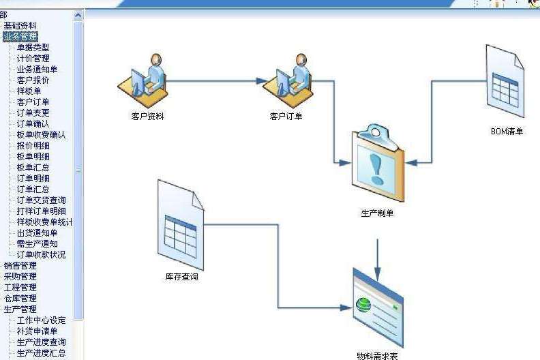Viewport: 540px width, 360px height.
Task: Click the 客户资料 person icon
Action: [142, 81]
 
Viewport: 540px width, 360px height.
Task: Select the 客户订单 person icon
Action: [288, 81]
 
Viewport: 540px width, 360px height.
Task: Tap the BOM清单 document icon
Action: [505, 81]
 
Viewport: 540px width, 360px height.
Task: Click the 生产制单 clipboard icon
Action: [378, 163]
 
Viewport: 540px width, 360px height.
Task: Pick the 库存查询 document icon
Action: [181, 225]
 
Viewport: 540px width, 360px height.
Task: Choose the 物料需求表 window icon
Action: [378, 308]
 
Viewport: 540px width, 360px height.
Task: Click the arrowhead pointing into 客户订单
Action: [262, 81]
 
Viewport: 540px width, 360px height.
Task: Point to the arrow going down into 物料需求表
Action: [378, 260]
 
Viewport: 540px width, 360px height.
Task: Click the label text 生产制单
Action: [377, 213]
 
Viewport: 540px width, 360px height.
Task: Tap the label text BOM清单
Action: [507, 132]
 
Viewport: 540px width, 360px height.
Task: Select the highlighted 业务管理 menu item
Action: [20, 37]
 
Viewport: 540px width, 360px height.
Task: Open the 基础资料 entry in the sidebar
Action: [20, 25]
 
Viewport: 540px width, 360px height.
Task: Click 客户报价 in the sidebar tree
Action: [33, 80]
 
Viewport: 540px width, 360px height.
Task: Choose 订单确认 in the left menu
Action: [33, 123]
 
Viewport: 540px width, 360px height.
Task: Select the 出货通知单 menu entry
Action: [37, 233]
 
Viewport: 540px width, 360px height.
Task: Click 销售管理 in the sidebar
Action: [20, 266]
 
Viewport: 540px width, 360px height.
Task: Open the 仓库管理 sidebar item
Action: [20, 299]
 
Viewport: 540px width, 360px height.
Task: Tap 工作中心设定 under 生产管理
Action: [42, 320]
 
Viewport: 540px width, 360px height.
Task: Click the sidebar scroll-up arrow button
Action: [78, 16]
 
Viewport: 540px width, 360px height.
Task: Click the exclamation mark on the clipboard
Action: [376, 169]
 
